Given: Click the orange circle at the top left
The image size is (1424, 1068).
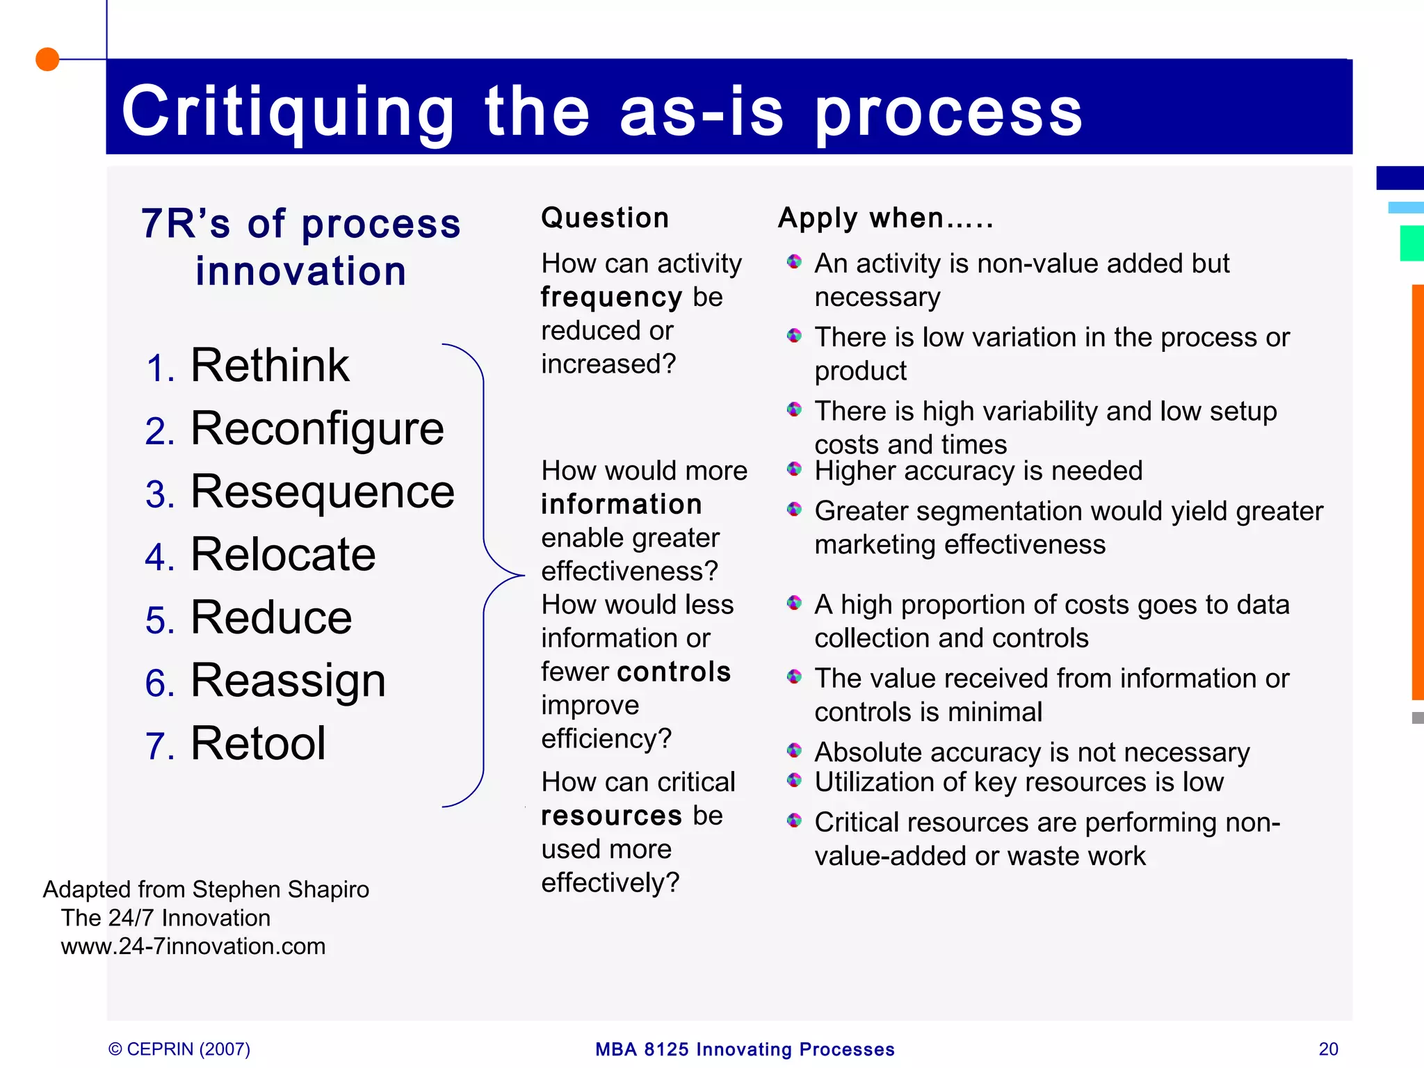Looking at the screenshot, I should click(47, 59).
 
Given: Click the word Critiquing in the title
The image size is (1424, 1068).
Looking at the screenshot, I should click(288, 111).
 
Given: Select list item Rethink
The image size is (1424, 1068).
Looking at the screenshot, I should click(269, 366).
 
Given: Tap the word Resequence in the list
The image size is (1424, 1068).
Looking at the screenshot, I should click(322, 492).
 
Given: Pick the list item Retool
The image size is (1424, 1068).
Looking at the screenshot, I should click(258, 743).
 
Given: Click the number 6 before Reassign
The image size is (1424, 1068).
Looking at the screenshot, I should click(159, 683).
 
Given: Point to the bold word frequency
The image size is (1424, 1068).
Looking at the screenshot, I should click(611, 298).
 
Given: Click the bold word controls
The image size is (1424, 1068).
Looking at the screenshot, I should click(674, 672).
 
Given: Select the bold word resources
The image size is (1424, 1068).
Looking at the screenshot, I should click(611, 816).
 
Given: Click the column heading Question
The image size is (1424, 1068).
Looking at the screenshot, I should click(605, 218).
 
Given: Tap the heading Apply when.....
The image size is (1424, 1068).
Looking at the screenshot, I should click(885, 218).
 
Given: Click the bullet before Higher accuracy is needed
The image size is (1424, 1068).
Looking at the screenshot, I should click(794, 469).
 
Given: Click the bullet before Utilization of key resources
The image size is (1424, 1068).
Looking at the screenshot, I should click(794, 780).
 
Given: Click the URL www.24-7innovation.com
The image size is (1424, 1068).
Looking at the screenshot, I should click(193, 946).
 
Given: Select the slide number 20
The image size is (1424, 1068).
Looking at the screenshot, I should click(1328, 1049).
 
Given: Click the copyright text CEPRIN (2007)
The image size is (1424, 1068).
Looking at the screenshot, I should click(179, 1049).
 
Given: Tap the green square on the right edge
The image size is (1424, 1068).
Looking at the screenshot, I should click(1412, 243).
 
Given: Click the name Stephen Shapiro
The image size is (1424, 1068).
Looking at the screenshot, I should click(280, 889).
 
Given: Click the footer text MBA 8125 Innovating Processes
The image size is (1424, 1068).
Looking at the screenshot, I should click(745, 1049).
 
